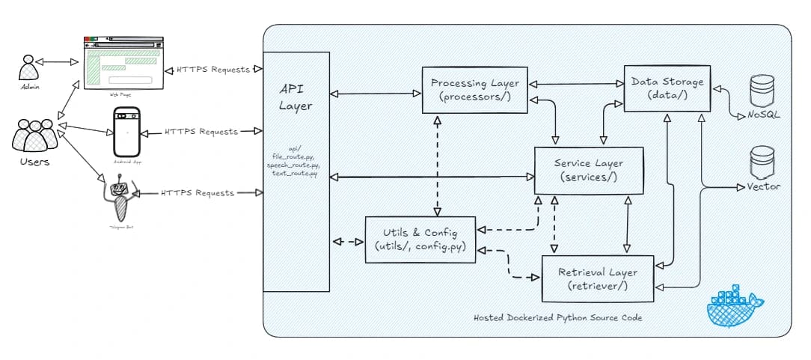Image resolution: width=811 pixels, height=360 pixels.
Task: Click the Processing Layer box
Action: (475, 91)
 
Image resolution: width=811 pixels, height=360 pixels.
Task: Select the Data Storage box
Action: (667, 88)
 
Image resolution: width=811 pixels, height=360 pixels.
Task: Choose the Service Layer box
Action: (588, 170)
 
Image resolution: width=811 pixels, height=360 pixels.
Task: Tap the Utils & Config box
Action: (421, 239)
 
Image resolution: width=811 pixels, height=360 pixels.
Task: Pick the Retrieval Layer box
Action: (598, 278)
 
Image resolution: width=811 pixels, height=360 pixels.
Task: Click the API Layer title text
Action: (296, 97)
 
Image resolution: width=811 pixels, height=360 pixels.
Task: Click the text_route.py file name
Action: (296, 174)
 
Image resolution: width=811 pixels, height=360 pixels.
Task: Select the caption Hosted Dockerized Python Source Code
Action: (558, 318)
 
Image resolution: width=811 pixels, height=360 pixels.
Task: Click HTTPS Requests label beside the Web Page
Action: (213, 70)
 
